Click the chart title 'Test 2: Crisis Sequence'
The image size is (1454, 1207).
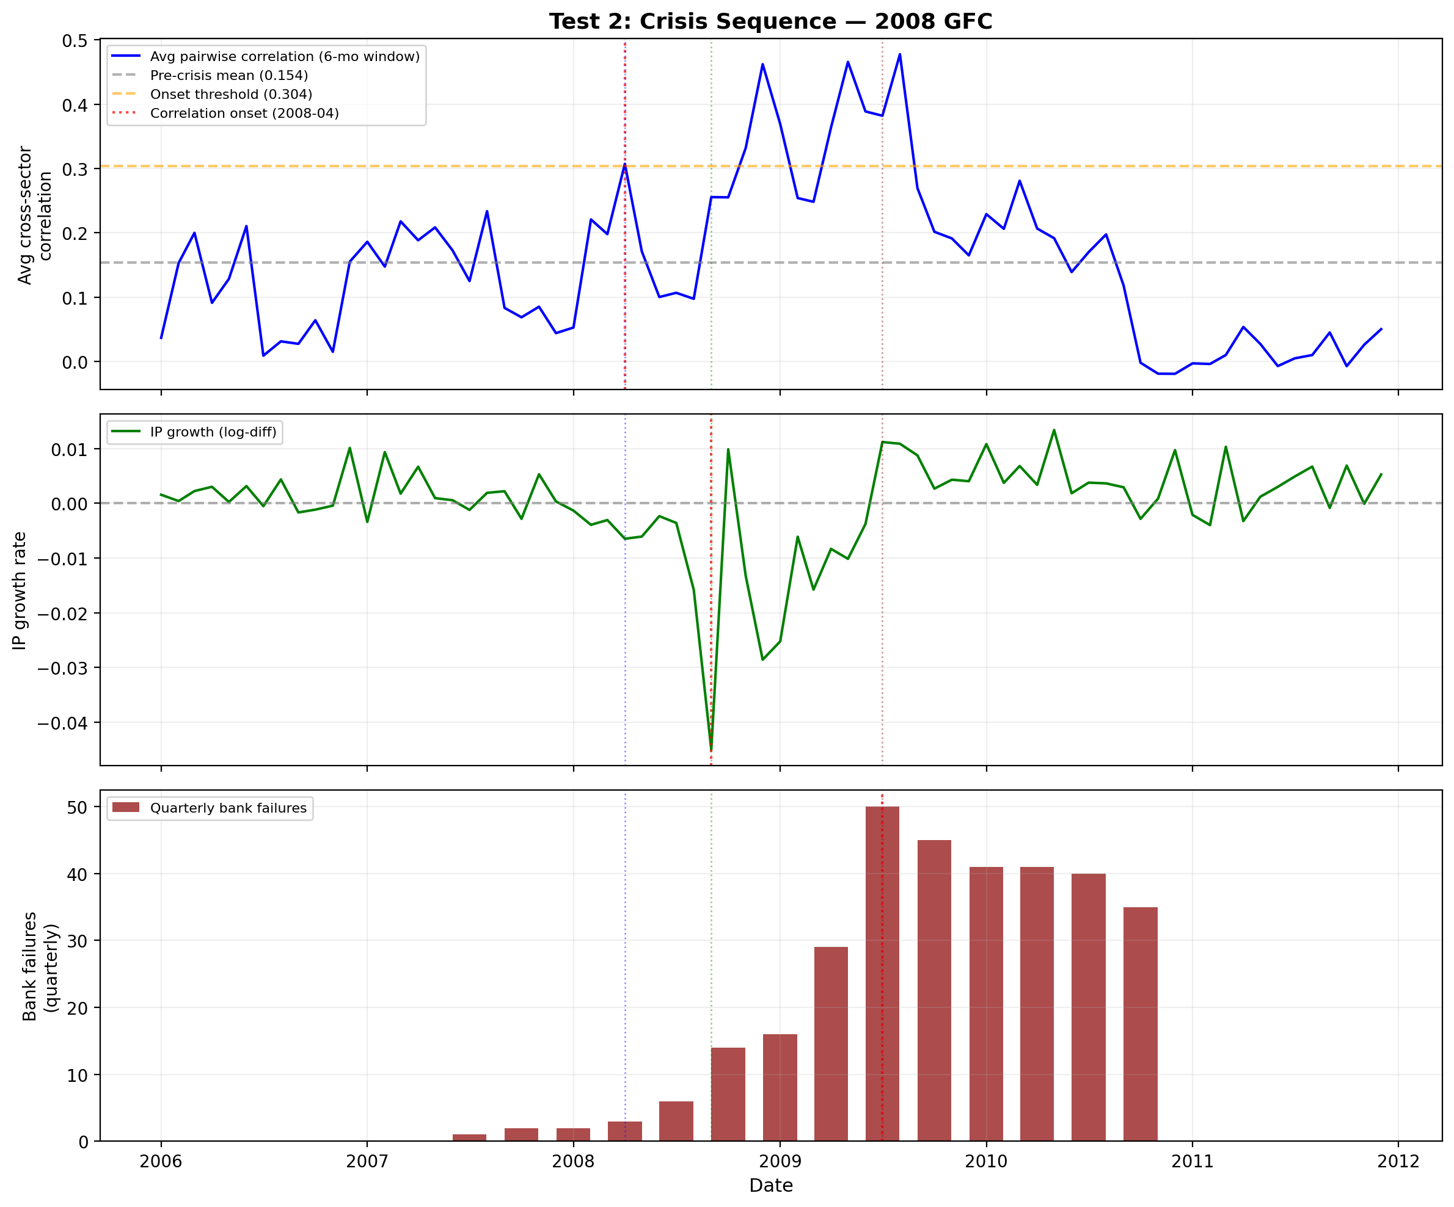coord(770,21)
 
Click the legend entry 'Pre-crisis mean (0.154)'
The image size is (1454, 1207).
coord(228,76)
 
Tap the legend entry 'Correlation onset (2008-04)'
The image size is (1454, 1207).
coord(244,113)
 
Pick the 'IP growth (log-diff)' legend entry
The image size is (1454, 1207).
coord(213,432)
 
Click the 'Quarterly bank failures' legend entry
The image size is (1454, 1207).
coord(228,808)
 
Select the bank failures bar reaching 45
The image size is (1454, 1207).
coord(934,990)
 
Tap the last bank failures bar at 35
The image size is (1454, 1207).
coord(1139,1024)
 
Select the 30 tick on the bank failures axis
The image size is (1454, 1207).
coord(78,941)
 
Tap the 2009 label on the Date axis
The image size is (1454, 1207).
coord(780,1161)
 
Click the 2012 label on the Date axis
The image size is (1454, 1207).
coord(1398,1161)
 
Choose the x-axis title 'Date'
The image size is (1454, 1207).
coord(770,1186)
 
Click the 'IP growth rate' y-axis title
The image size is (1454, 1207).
coord(20,590)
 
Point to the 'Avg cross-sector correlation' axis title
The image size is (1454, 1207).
coord(35,216)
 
